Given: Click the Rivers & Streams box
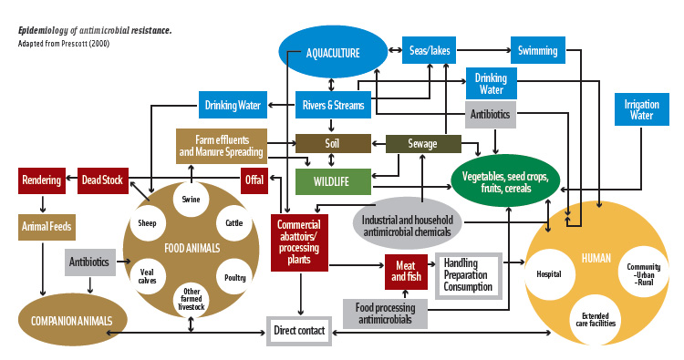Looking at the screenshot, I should [333, 106].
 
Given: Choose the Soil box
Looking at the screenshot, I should [333, 143].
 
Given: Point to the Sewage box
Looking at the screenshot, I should [422, 144].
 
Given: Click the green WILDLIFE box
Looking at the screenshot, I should [333, 180].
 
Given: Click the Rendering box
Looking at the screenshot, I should [41, 180].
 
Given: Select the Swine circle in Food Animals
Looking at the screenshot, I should [192, 200].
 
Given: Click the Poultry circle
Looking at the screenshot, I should [235, 277].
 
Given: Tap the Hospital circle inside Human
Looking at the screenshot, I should [549, 273].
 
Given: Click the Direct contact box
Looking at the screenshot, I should [298, 330].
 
